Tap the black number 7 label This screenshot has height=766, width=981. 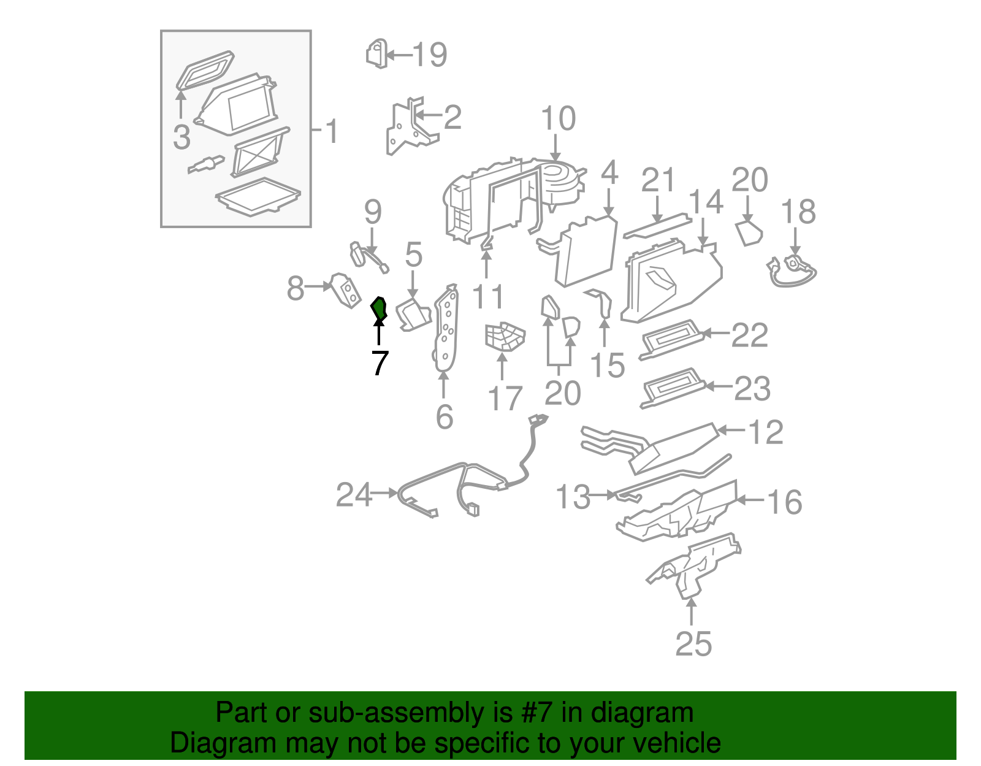point(380,364)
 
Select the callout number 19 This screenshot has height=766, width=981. point(430,55)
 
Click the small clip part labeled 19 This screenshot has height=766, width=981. point(376,53)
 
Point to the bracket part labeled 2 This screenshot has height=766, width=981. point(408,128)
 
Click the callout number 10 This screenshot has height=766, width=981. point(558,119)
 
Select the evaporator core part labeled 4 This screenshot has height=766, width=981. point(586,251)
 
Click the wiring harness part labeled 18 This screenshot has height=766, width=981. point(792,270)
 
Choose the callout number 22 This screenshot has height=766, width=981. point(749,335)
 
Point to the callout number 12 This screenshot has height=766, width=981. point(766,432)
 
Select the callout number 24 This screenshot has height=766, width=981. point(354,494)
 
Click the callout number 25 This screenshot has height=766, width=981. point(693,643)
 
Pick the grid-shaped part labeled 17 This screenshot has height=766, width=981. point(504,337)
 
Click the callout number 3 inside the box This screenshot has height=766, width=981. point(181,137)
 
